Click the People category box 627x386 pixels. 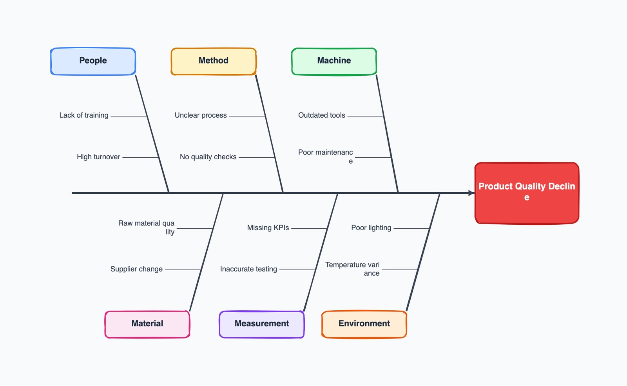pos(93,61)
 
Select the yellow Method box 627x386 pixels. pos(214,61)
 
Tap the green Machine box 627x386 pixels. pos(334,61)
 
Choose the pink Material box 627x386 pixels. pos(147,324)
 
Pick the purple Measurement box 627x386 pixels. pos(262,324)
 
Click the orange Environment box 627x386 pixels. pos(364,324)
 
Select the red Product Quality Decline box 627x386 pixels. pos(527,193)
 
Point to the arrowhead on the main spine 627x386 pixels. pos(471,193)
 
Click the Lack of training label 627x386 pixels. pos(84,115)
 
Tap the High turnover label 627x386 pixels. pos(98,157)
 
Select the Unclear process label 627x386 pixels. pos(201,115)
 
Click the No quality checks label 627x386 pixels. pos(208,157)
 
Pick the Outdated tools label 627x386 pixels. pos(322,115)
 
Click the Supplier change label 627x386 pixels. pos(136,269)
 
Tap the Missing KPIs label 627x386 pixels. pos(268,228)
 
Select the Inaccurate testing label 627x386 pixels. pos(248,269)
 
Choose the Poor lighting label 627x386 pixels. pos(371,228)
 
